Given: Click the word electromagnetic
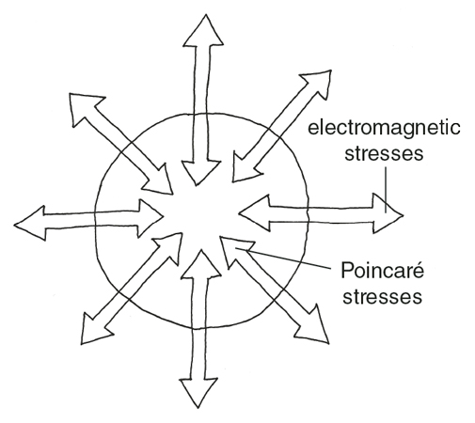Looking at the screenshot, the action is click(384, 129).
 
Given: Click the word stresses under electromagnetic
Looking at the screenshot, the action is click(384, 153).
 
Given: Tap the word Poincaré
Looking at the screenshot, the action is click(382, 270).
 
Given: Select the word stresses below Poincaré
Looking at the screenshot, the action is click(382, 296).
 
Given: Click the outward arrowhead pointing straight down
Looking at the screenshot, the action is click(198, 392).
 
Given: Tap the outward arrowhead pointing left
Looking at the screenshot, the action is click(31, 223).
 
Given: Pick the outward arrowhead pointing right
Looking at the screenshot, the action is click(387, 213).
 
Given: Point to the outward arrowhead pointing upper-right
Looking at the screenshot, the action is click(318, 83).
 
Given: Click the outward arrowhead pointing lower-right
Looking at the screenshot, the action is click(313, 326).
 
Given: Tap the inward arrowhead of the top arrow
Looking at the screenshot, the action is click(200, 172).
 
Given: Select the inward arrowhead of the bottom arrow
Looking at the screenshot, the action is click(201, 265).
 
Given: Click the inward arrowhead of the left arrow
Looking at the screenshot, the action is click(149, 217).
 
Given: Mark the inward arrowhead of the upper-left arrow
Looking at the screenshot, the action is click(158, 180).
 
